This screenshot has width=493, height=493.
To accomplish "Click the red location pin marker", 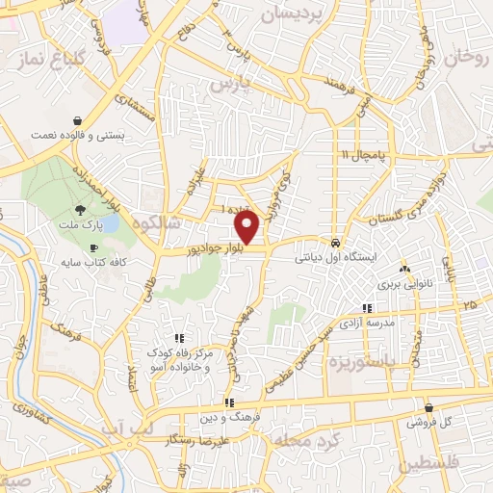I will [x=247, y=227].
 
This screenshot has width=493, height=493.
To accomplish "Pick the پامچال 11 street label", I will [x=367, y=154].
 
